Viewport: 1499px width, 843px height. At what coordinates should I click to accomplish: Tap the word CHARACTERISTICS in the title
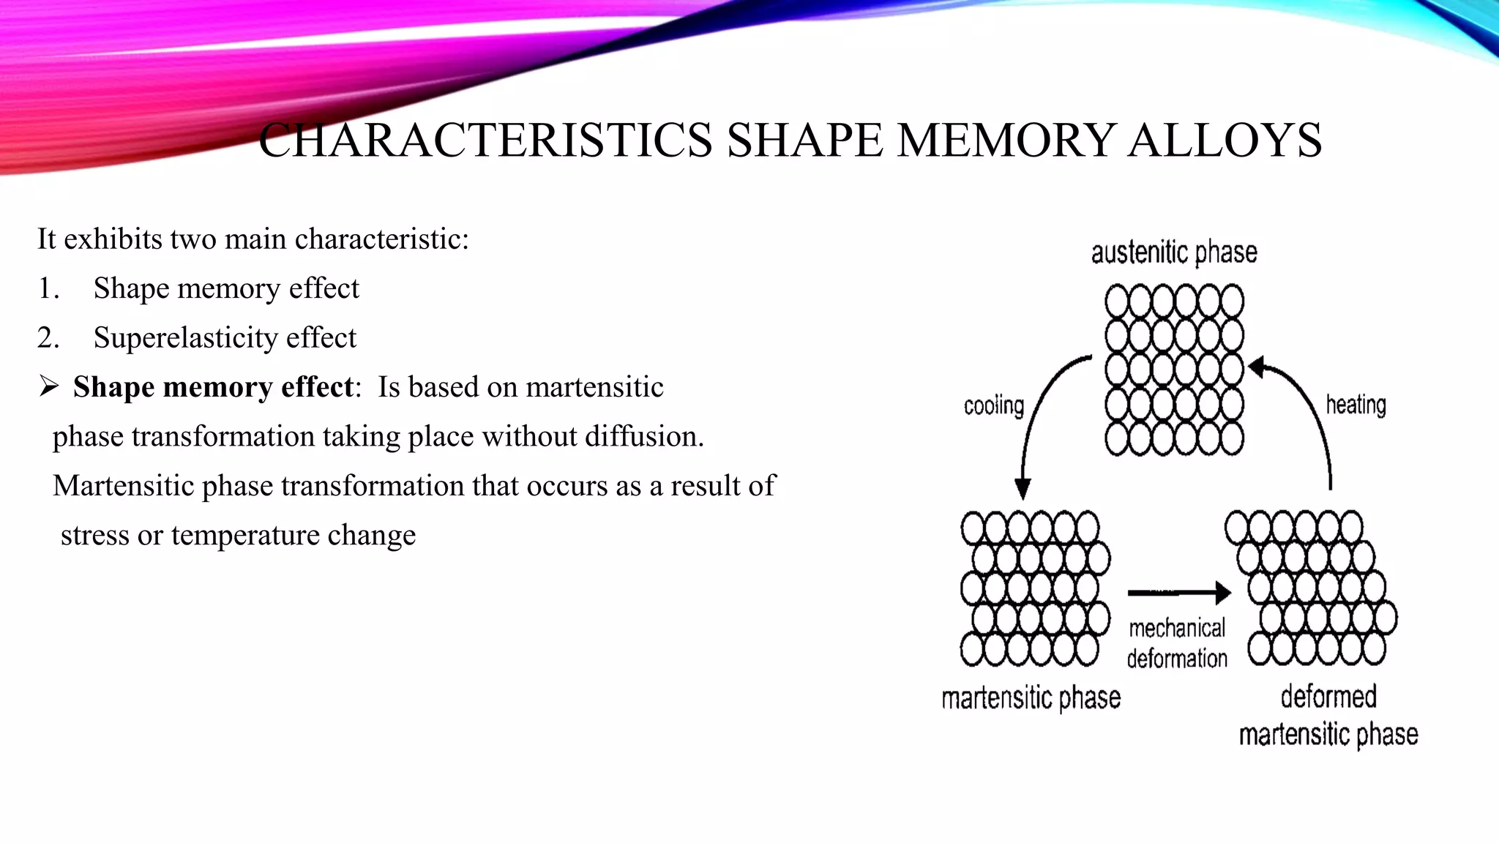click(x=485, y=140)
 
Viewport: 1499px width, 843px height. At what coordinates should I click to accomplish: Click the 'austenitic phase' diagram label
click(x=1174, y=252)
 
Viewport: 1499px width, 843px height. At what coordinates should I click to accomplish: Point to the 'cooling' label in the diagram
click(x=993, y=405)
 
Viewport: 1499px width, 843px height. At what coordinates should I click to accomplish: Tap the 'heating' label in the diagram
click(x=1356, y=405)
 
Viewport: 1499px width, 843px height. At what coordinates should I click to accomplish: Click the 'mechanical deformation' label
click(x=1177, y=643)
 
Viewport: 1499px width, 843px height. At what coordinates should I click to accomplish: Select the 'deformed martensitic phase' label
click(x=1328, y=715)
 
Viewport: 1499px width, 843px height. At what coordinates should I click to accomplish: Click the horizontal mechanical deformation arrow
click(x=1178, y=592)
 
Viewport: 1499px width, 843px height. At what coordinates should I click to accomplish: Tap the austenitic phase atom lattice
click(x=1174, y=370)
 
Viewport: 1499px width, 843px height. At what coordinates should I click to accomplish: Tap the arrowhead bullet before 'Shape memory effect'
click(x=49, y=386)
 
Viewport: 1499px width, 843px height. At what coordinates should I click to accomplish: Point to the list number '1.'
click(x=48, y=289)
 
